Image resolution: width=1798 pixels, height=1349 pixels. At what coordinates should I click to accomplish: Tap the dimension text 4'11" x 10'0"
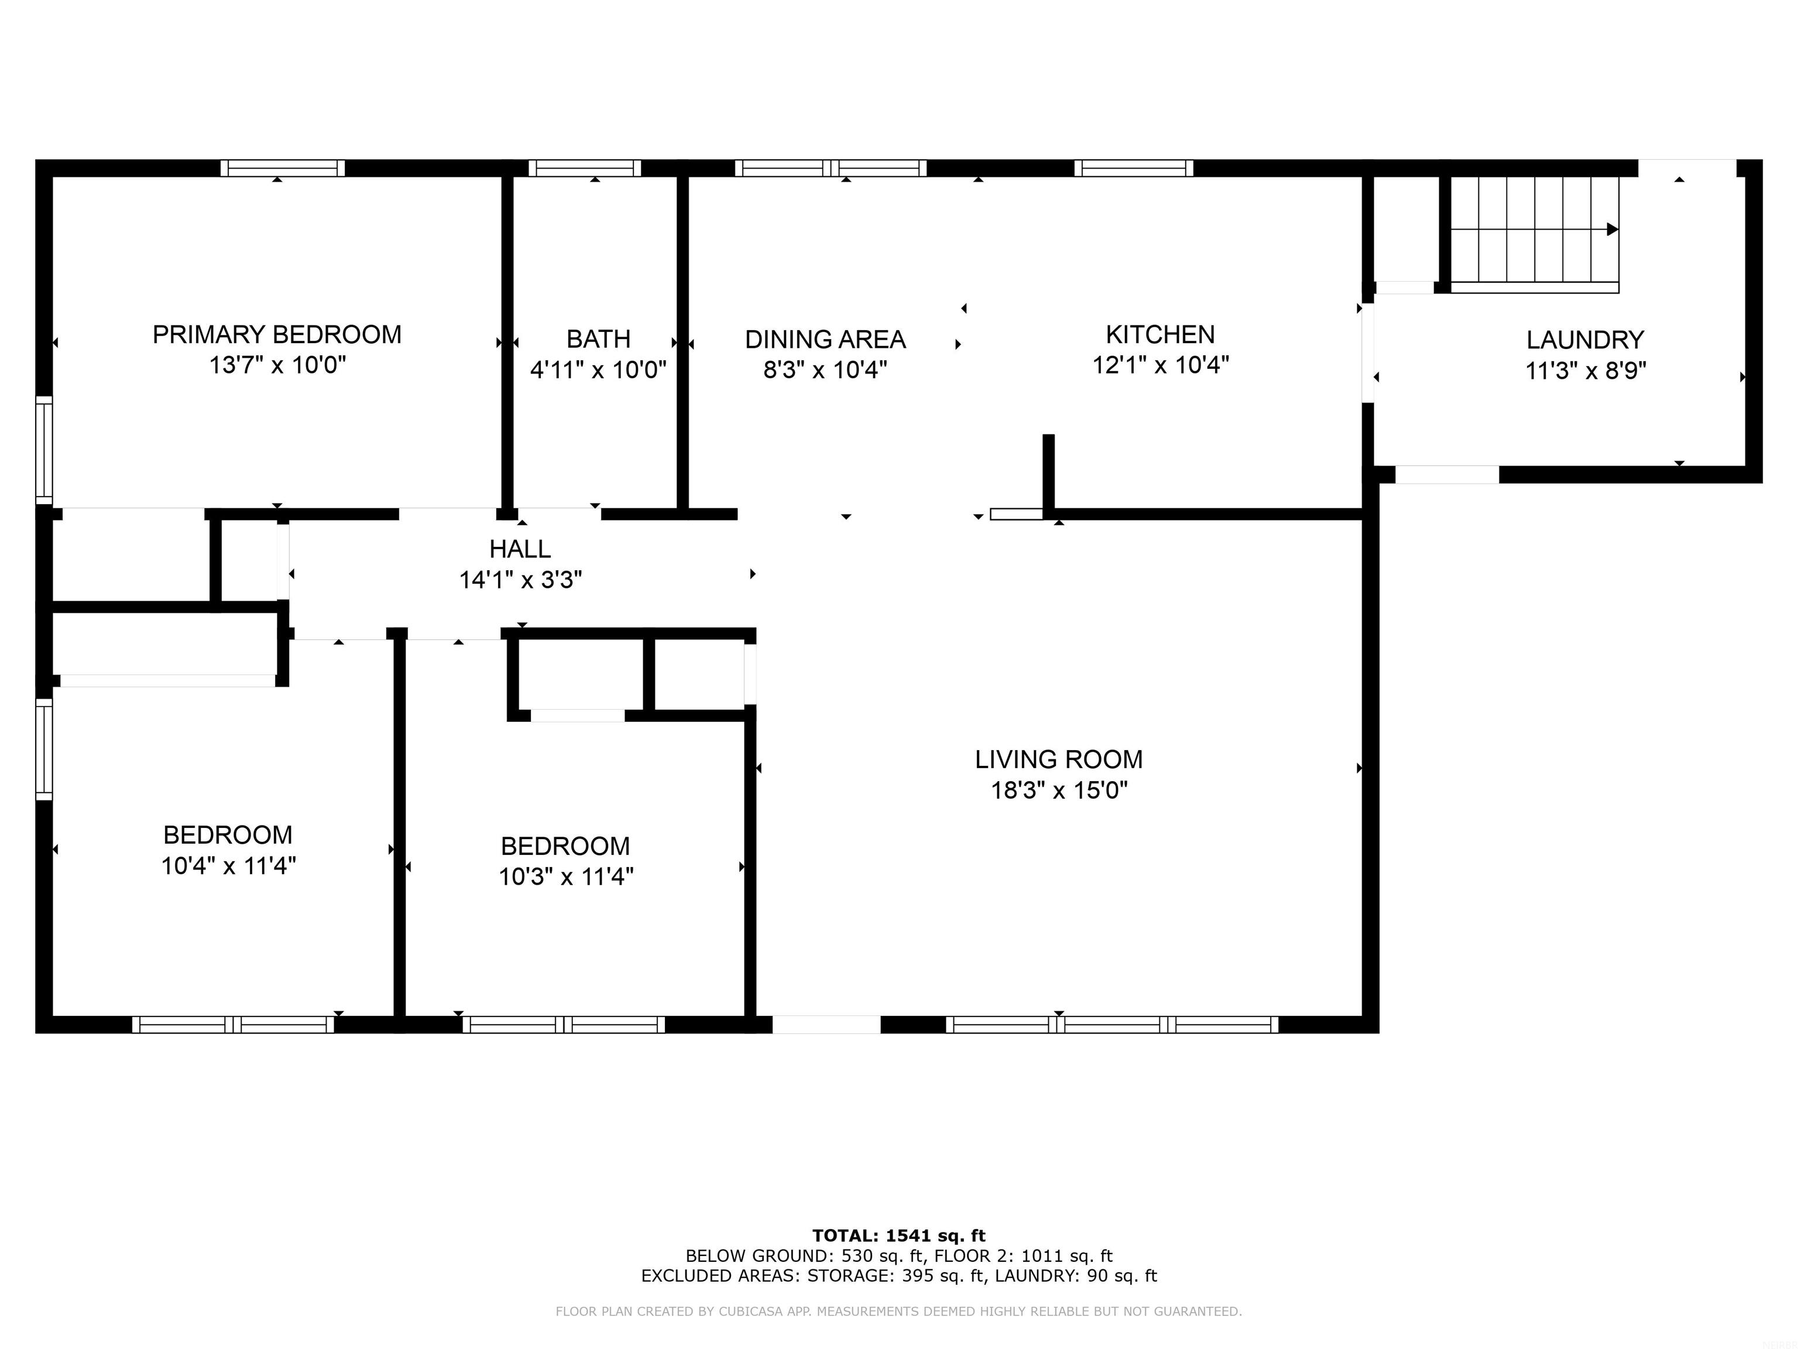[598, 370]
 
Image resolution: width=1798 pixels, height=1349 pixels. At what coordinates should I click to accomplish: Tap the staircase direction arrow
[1612, 230]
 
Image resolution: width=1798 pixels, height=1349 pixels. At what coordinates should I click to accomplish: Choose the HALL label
[520, 549]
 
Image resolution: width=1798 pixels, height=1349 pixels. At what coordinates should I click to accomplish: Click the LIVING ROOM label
[1058, 759]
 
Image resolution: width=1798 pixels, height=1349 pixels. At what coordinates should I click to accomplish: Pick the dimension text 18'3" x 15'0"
[1058, 790]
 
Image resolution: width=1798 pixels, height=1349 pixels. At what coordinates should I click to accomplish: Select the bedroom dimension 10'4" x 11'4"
[228, 866]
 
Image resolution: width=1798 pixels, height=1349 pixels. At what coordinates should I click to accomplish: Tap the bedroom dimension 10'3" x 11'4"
[566, 876]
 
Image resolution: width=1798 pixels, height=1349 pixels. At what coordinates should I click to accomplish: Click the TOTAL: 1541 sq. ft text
[898, 1236]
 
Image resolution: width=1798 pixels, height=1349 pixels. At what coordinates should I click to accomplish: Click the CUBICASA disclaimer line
[898, 1311]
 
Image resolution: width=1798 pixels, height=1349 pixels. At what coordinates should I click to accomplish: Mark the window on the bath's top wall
[585, 168]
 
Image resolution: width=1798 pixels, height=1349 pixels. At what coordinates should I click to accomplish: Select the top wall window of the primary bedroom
[282, 168]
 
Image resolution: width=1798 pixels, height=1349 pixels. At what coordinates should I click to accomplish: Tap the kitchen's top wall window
[1133, 168]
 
